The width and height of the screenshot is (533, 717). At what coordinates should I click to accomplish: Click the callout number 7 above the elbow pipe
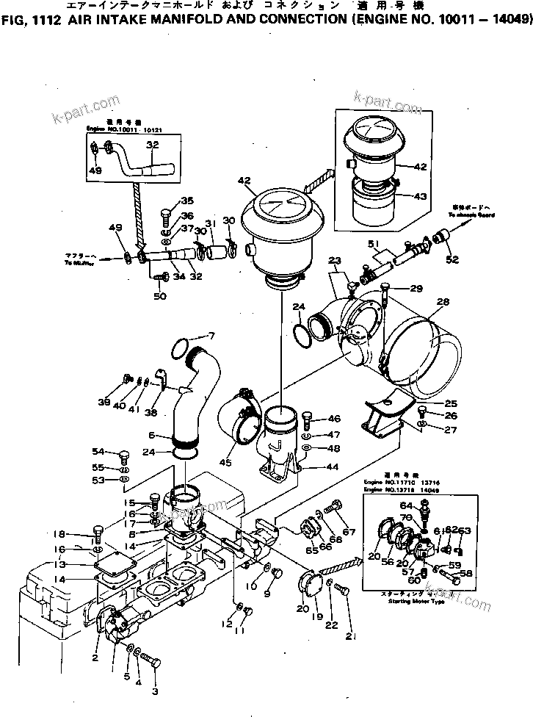pyautogui.click(x=212, y=336)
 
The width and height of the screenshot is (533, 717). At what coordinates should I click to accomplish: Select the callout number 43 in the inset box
pyautogui.click(x=421, y=196)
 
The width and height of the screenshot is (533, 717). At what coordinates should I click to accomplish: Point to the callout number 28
pyautogui.click(x=443, y=303)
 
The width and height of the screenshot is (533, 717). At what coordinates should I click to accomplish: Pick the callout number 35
pyautogui.click(x=187, y=201)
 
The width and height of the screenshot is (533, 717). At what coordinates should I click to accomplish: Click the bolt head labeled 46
pyautogui.click(x=307, y=421)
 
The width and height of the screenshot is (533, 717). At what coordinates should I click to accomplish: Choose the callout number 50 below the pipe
pyautogui.click(x=159, y=296)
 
